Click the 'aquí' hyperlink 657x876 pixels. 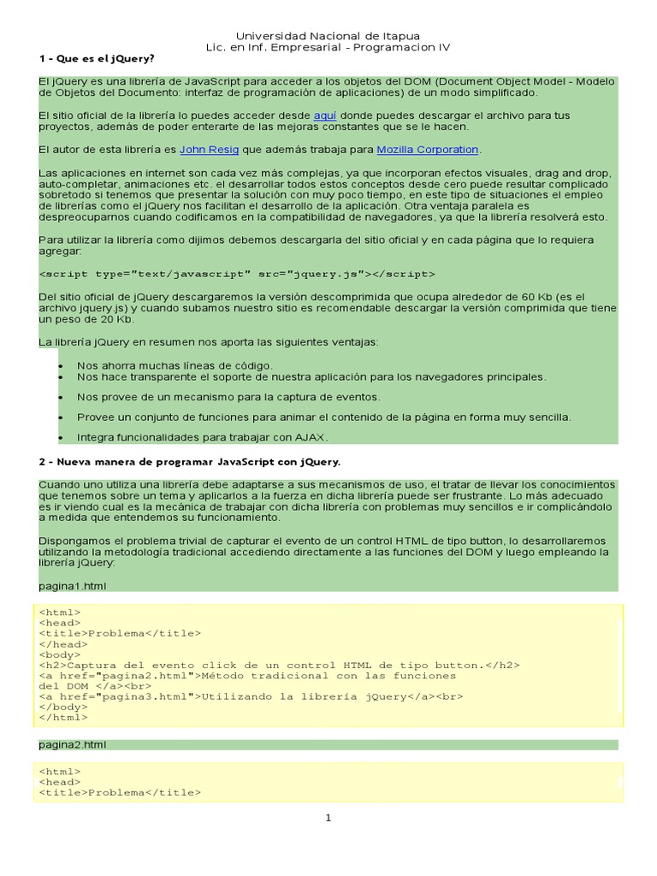coord(325,115)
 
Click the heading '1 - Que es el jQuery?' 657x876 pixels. coord(97,59)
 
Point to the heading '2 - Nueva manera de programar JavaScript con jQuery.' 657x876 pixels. coord(189,462)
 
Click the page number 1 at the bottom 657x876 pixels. coord(328,818)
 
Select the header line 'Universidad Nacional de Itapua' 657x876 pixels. coord(328,36)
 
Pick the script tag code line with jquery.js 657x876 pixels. coord(237,274)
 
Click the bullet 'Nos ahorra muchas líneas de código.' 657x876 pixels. coord(175,365)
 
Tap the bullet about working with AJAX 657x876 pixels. coord(202,437)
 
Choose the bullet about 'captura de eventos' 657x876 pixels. coord(228,397)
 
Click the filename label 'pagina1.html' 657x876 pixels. coord(73,586)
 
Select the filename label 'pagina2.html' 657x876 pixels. coord(73,745)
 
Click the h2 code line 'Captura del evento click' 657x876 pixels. coord(279,665)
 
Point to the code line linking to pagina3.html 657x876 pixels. coord(251,696)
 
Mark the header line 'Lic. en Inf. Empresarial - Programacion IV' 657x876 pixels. coord(328,48)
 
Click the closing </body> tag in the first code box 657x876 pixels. coord(63,707)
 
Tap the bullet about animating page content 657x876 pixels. coord(323,417)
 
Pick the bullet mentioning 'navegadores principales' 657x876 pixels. coord(311,376)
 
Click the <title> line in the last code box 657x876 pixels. coord(120,793)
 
